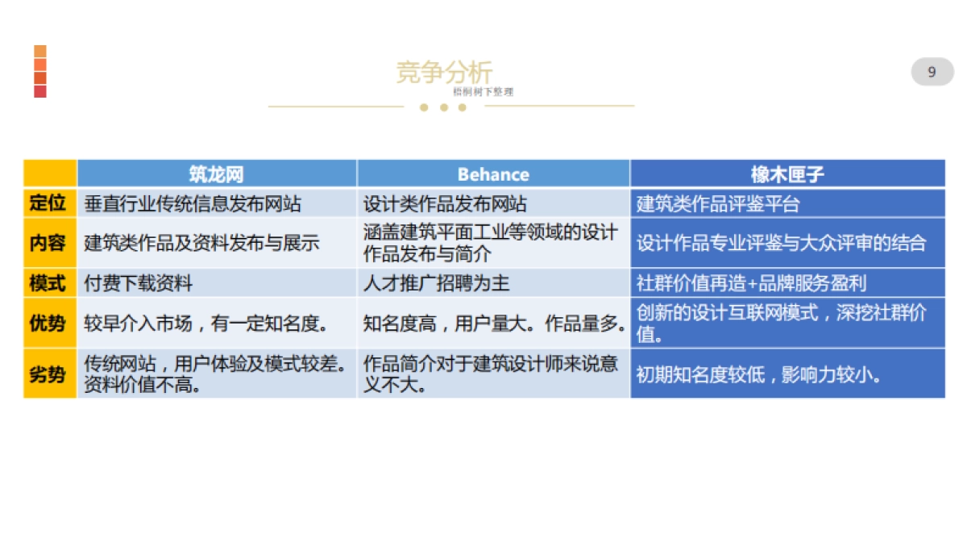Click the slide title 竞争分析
[x=444, y=72]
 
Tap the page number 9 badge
[x=932, y=72]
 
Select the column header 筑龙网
[x=216, y=174]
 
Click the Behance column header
[x=493, y=174]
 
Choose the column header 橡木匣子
[x=787, y=174]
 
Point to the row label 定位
[x=48, y=203]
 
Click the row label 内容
[x=48, y=243]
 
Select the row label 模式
[x=48, y=283]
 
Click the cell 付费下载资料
[x=139, y=283]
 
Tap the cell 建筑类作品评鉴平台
[x=718, y=203]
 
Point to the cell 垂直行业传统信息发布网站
[x=193, y=203]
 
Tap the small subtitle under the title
[x=482, y=92]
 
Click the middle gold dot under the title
[x=443, y=107]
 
